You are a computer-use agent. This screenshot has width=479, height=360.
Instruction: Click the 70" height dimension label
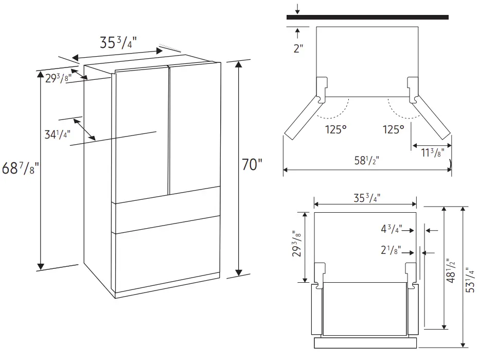click(252, 164)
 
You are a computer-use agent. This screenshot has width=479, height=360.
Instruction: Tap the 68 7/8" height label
click(20, 168)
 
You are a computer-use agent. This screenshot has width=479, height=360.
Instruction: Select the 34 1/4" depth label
click(58, 134)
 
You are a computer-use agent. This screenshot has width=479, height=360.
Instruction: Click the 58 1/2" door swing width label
click(366, 160)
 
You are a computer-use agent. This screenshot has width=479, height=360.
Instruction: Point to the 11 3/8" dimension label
click(433, 152)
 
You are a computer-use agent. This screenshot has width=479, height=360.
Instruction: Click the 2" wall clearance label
click(298, 48)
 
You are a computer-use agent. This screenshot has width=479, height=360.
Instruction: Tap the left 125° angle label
click(336, 129)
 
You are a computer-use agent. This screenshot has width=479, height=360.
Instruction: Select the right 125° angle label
click(394, 129)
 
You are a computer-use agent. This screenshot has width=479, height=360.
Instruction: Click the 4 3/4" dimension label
click(392, 229)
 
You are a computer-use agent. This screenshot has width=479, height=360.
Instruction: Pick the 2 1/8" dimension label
click(391, 250)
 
